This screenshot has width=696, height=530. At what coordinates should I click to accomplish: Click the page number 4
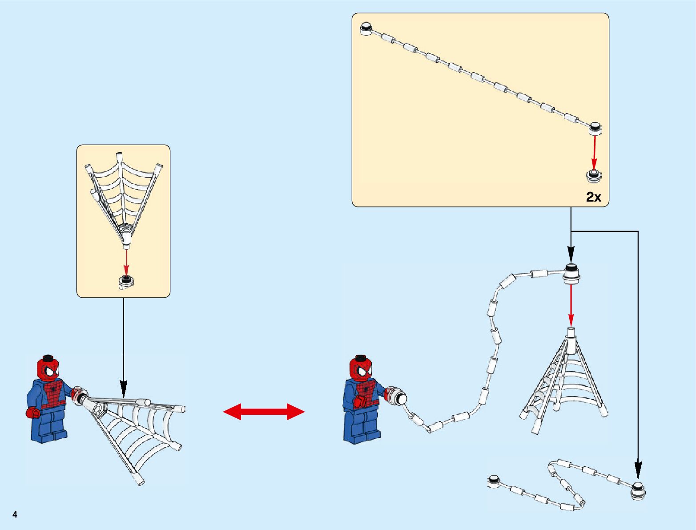(x=15, y=515)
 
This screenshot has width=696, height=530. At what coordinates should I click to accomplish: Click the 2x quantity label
(x=594, y=197)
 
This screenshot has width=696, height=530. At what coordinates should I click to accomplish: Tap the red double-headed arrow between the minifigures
(x=264, y=412)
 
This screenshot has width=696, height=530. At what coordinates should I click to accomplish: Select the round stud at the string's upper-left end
(x=366, y=29)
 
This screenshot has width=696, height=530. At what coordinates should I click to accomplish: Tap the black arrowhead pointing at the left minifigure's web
(x=124, y=388)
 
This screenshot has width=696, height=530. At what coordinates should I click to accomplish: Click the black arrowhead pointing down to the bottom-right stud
(x=638, y=469)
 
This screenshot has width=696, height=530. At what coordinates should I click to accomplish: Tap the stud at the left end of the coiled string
(x=494, y=480)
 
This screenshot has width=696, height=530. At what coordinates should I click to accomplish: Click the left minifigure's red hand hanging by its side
(x=32, y=413)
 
